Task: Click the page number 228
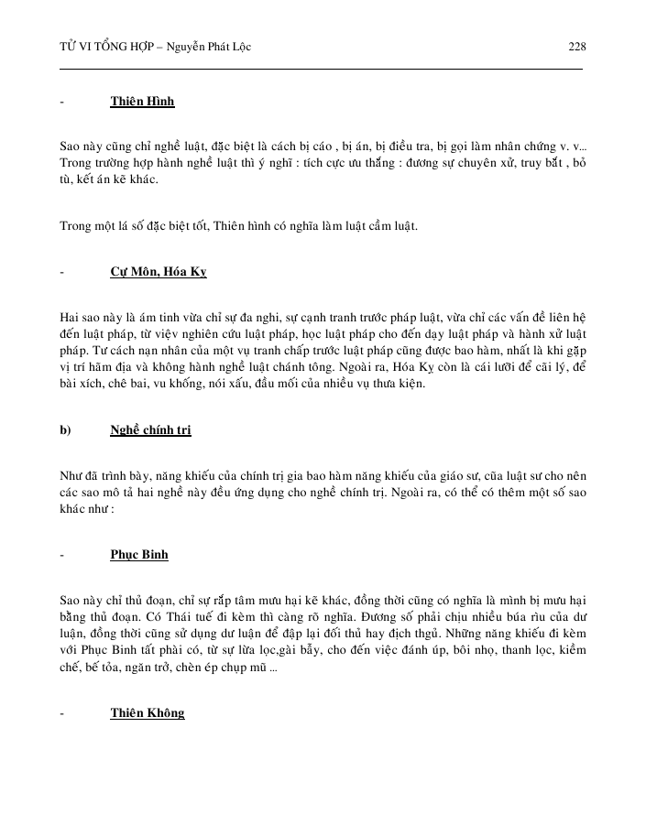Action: (x=576, y=47)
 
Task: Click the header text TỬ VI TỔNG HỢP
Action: (x=101, y=47)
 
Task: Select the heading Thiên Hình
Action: (x=142, y=101)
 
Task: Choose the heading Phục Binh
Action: (x=139, y=555)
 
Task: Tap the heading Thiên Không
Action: (x=148, y=712)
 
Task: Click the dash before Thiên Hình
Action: (x=61, y=101)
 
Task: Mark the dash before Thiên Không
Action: (x=61, y=712)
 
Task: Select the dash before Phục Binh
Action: (x=61, y=555)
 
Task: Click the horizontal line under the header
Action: (x=321, y=70)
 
